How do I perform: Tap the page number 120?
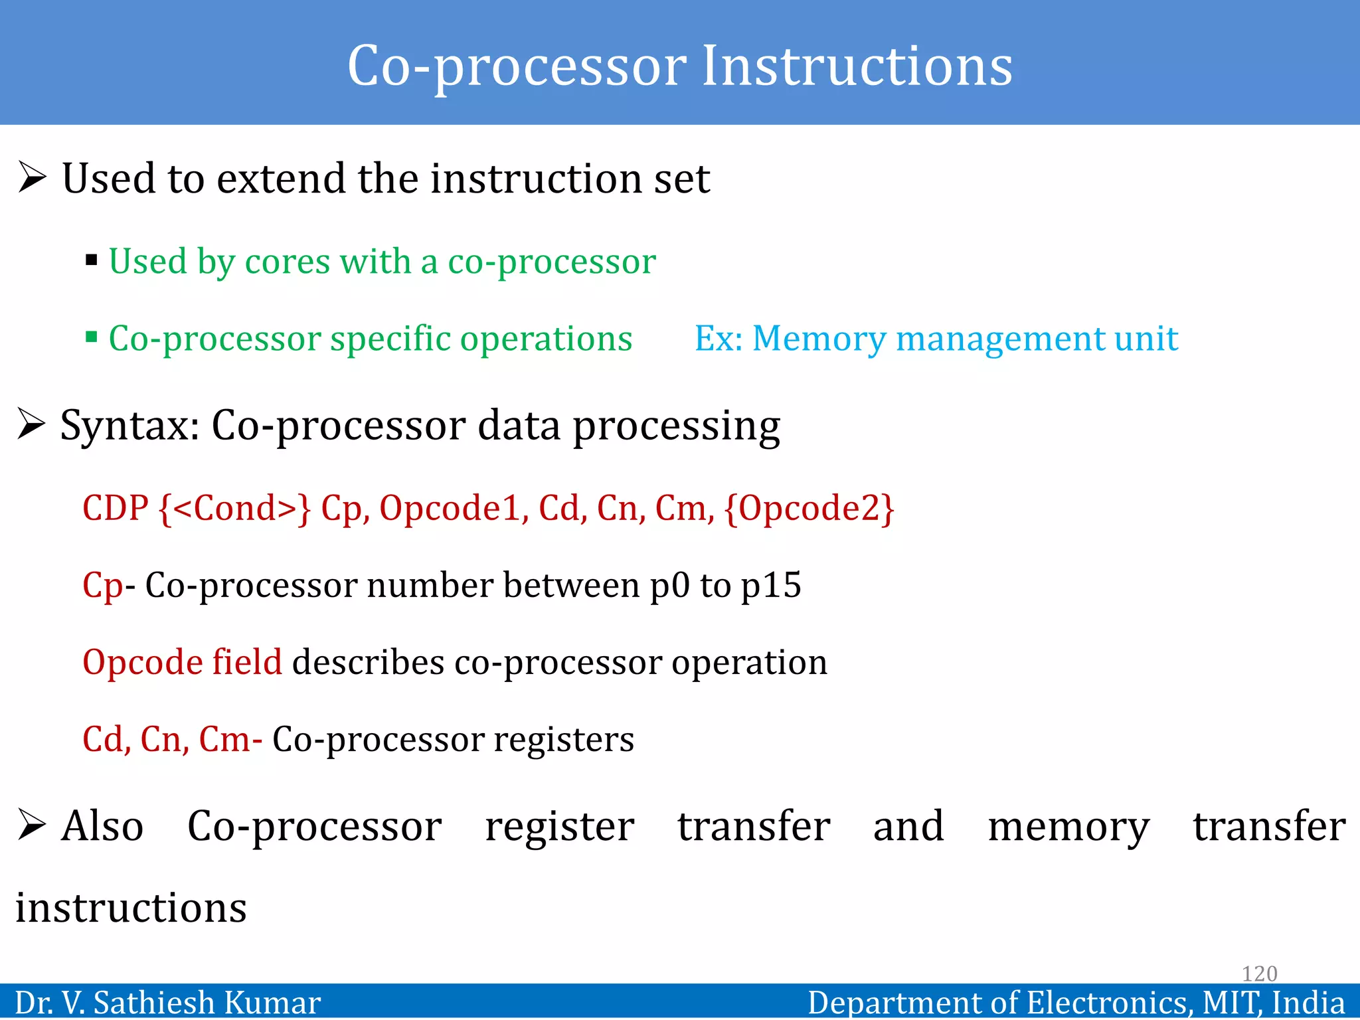[x=1259, y=974]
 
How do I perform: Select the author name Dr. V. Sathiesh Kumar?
[x=167, y=1003]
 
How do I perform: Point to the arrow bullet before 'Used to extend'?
[x=32, y=177]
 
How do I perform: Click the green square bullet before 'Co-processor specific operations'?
[x=92, y=337]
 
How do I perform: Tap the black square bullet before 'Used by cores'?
[x=92, y=260]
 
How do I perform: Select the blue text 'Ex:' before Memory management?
[x=718, y=338]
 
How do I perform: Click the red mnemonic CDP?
[x=115, y=508]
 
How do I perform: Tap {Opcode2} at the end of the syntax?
[x=809, y=508]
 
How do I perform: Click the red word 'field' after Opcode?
[x=247, y=662]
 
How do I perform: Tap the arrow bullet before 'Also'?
[x=32, y=825]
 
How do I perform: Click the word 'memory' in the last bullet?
[x=1068, y=827]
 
